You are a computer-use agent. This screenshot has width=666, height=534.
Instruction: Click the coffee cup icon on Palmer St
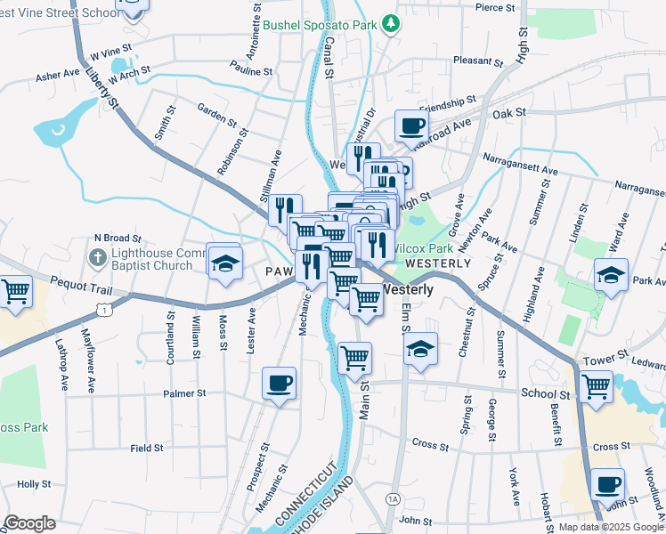tap(279, 383)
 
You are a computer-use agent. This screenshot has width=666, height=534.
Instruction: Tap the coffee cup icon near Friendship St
tap(410, 126)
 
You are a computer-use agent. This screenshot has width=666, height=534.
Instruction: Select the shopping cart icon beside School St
tap(596, 386)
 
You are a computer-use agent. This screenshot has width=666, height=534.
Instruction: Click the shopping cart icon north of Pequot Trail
tap(15, 292)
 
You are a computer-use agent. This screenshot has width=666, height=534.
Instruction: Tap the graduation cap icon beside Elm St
tap(420, 349)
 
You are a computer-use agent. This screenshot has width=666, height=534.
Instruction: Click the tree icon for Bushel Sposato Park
tap(390, 23)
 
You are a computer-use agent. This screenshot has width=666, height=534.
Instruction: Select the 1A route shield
tap(393, 499)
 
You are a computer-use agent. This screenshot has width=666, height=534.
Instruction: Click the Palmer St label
tap(184, 392)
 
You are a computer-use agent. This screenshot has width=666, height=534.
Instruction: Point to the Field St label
tap(145, 449)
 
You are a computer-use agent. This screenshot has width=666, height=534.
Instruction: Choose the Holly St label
tap(34, 484)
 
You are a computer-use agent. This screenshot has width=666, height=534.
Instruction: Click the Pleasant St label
tap(478, 61)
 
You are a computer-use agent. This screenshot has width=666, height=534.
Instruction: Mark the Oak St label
tap(509, 114)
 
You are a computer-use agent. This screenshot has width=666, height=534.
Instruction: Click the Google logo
tap(30, 523)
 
